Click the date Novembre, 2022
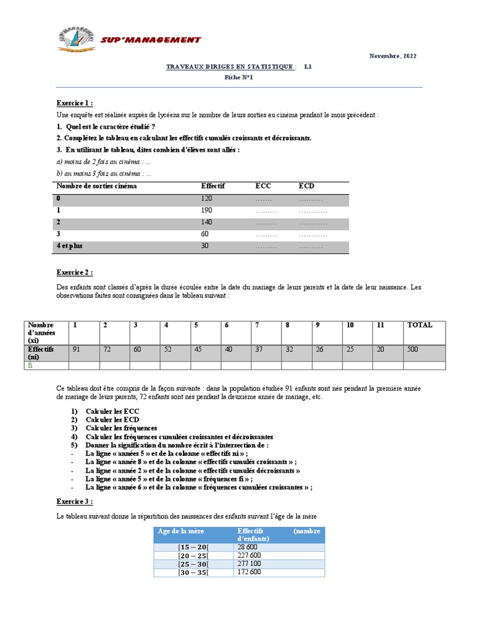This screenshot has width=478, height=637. click(x=394, y=56)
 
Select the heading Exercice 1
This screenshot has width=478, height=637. click(x=75, y=103)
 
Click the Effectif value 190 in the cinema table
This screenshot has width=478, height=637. click(x=207, y=210)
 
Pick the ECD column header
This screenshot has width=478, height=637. click(x=306, y=186)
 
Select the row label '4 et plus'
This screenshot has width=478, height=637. click(x=70, y=246)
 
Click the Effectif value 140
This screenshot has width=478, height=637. click(x=207, y=222)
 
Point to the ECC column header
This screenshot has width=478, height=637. click(x=263, y=186)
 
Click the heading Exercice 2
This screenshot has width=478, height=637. click(x=75, y=272)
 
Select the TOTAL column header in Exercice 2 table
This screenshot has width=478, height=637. click(x=419, y=325)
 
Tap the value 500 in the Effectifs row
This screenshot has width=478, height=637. click(x=412, y=350)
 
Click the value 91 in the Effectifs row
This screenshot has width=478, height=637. click(x=77, y=350)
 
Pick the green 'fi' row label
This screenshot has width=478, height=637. click(x=29, y=366)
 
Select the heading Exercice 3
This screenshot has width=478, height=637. click(x=75, y=501)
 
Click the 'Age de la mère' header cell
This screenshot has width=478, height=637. click(x=181, y=531)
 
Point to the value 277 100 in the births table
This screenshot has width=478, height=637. click(x=249, y=564)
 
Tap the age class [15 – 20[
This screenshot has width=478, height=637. click(x=193, y=547)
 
